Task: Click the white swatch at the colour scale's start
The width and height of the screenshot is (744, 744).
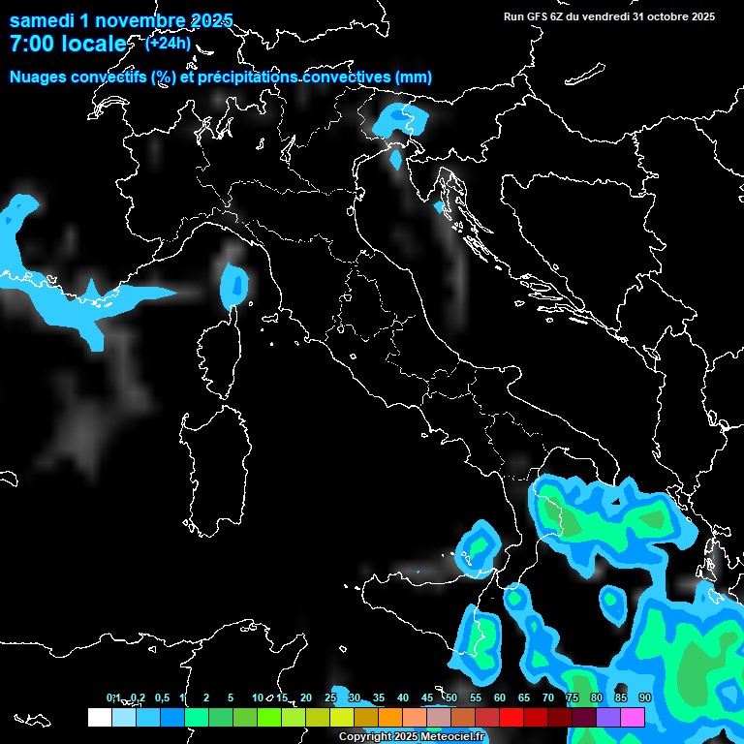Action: (x=99, y=717)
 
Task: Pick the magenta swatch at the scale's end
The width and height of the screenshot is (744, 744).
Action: (x=633, y=717)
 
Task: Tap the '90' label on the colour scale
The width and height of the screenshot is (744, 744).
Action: (x=645, y=698)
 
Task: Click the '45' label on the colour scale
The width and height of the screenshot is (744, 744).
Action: (x=427, y=698)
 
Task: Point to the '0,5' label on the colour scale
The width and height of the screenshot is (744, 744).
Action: (x=162, y=698)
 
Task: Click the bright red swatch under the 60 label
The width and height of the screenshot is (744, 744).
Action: (x=511, y=717)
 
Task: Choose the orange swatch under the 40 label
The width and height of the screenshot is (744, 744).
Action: (x=415, y=717)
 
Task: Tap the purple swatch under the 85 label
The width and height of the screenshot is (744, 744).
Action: (x=608, y=717)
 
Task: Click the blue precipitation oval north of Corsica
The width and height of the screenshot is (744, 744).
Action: (x=234, y=284)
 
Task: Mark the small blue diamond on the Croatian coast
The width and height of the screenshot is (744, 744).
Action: (x=440, y=206)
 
